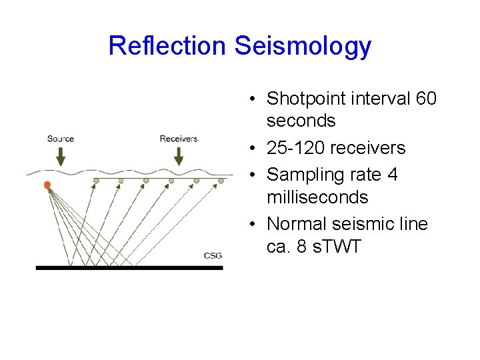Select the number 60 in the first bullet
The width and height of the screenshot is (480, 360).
tap(425, 99)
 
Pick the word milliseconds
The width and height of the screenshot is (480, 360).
tap(317, 197)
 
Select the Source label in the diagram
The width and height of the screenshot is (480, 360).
tap(61, 139)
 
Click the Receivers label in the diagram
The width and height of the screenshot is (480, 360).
tap(179, 139)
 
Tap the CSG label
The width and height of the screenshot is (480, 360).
tap(213, 255)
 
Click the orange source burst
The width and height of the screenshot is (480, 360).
tap(47, 185)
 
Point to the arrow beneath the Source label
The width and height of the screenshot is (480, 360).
tap(61, 156)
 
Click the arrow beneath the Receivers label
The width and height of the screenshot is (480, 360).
tap(179, 156)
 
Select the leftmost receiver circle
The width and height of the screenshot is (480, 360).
tap(96, 181)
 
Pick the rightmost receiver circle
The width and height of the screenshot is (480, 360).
tap(221, 180)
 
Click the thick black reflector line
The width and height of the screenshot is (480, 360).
tap(129, 267)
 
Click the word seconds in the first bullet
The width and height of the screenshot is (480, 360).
tap(301, 121)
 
